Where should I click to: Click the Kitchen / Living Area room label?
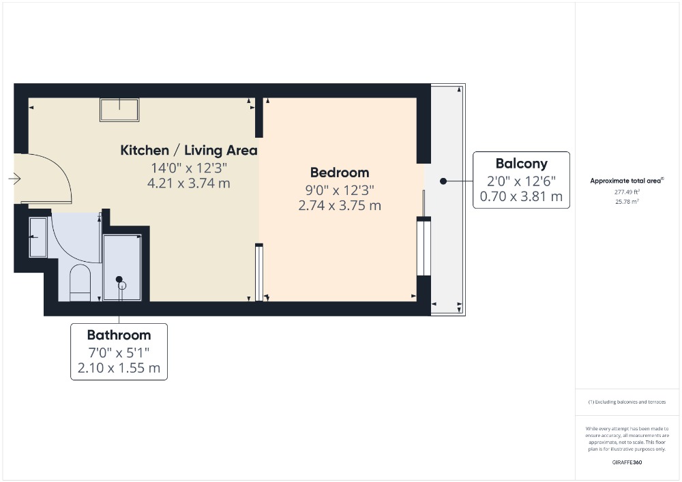point(189,151)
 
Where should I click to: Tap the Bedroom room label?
point(340,172)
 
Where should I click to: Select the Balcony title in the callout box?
point(522,164)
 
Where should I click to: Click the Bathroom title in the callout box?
point(119,335)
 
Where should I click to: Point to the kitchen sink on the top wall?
point(119,110)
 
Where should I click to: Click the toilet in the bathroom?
point(80,282)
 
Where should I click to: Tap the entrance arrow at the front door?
point(14,179)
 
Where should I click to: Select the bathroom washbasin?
point(38,237)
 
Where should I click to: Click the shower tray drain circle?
point(122,286)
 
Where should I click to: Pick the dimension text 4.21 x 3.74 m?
point(189,183)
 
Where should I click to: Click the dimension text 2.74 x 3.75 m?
point(340,206)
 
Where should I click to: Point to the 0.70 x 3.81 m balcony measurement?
point(522,196)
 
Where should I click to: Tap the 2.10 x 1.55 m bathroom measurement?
point(119,368)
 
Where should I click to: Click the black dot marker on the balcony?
point(443,181)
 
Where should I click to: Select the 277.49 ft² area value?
point(627,192)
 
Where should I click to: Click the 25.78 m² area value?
point(627,202)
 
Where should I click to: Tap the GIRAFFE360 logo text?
point(627,462)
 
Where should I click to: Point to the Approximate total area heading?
point(627,181)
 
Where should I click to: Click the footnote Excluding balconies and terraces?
point(627,402)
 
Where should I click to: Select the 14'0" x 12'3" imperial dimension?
point(189,168)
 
